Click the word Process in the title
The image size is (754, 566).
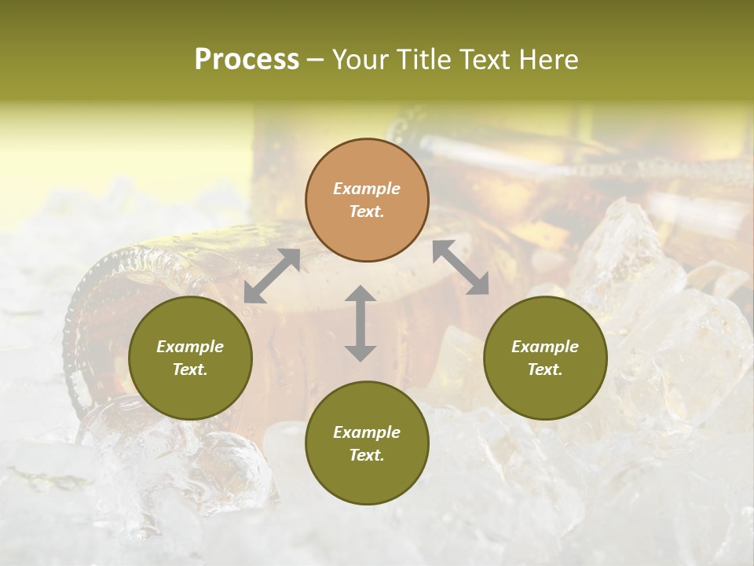247,60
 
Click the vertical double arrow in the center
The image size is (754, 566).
361,323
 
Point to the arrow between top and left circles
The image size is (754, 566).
272,275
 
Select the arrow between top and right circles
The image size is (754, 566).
460,267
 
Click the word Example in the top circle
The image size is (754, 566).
367,189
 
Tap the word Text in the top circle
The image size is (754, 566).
366,211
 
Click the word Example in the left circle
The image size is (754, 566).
190,347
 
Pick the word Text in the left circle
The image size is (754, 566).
190,369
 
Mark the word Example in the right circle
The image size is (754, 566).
545,347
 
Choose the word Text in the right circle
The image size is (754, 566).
544,369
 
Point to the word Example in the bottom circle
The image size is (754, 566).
367,432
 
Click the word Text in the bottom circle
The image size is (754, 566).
366,455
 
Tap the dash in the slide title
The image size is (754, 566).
316,61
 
